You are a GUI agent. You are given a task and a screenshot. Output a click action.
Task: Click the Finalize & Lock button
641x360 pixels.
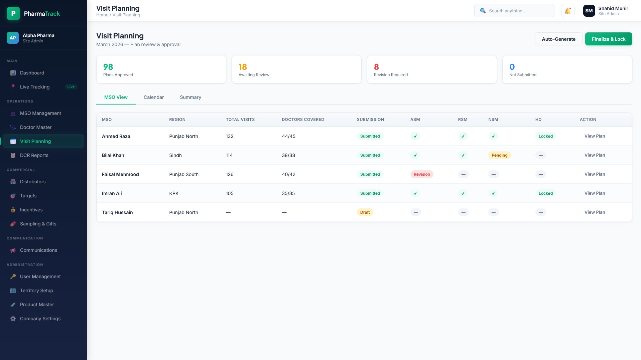[608, 39]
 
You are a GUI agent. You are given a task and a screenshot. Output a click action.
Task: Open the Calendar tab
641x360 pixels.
[154, 97]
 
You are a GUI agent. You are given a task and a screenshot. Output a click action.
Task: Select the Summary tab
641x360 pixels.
[190, 97]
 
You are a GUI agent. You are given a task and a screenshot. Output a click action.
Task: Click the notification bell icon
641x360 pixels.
[567, 11]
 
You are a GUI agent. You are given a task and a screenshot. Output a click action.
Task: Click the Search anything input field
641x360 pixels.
[514, 11]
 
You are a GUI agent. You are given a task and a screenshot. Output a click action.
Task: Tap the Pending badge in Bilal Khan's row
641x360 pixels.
[499, 155]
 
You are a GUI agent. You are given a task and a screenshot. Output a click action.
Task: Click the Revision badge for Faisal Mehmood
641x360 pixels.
[422, 174]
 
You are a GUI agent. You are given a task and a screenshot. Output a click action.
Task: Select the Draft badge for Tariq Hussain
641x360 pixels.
[365, 212]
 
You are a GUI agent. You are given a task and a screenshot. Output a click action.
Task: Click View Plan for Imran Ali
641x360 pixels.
[595, 193]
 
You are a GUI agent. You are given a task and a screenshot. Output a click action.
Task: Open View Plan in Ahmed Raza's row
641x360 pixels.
[595, 136]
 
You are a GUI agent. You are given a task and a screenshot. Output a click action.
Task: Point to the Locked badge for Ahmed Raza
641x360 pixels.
[545, 136]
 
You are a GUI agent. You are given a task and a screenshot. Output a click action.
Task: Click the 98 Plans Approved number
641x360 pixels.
[108, 67]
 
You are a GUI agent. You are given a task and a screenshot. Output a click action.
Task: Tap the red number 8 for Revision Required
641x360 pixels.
[376, 67]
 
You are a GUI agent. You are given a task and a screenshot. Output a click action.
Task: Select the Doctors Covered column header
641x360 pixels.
[303, 120]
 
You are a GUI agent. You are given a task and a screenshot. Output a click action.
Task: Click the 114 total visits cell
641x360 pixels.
[229, 155]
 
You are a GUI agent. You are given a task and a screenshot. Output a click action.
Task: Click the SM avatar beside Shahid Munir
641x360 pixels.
[589, 11]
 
